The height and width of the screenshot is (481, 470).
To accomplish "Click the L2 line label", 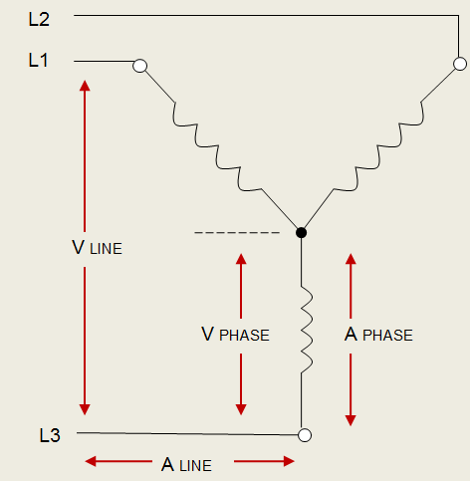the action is pyautogui.click(x=39, y=19).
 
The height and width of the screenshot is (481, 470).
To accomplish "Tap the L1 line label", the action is pyautogui.click(x=38, y=61).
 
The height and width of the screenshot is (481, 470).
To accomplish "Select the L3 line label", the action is pyautogui.click(x=50, y=435).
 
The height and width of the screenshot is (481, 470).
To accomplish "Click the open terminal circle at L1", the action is pyautogui.click(x=139, y=66).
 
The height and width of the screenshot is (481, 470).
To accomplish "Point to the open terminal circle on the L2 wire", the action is pyautogui.click(x=460, y=64).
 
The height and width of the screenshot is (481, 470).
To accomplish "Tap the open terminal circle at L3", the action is pyautogui.click(x=305, y=435).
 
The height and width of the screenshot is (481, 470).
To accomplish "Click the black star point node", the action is pyautogui.click(x=301, y=233).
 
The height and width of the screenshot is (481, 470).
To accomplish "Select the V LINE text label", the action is pyautogui.click(x=97, y=248).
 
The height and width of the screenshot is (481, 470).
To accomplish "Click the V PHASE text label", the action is pyautogui.click(x=235, y=335).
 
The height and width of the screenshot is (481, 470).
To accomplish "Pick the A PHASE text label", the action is pyautogui.click(x=378, y=335).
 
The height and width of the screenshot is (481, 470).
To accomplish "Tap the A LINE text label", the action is pyautogui.click(x=186, y=464).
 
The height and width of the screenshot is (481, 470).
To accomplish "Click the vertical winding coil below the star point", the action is pyautogui.click(x=307, y=330).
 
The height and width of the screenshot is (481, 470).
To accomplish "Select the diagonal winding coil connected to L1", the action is pyautogui.click(x=217, y=146).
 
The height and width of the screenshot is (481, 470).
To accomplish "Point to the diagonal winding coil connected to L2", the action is pyautogui.click(x=378, y=145).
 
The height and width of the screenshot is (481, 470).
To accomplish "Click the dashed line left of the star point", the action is pyautogui.click(x=237, y=233).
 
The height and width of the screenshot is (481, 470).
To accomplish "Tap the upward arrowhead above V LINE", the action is pyautogui.click(x=85, y=86).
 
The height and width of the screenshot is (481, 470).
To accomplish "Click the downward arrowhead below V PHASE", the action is pyautogui.click(x=241, y=409).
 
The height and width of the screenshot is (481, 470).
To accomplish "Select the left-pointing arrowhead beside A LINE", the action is pyautogui.click(x=91, y=461).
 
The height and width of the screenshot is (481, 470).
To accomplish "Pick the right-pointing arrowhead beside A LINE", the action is pyautogui.click(x=289, y=461).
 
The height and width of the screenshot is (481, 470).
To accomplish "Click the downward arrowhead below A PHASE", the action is pyautogui.click(x=351, y=420).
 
